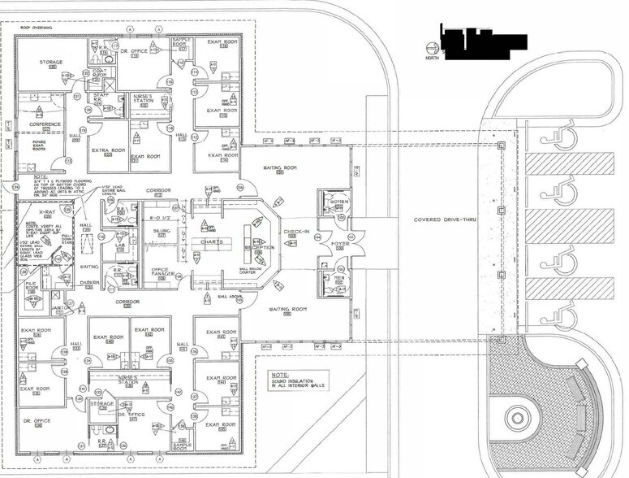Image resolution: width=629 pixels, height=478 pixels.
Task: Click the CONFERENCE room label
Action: click(45, 124)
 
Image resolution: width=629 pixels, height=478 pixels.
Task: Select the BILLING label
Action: click(162, 231)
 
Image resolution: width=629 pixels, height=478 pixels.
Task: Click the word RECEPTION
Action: click(259, 246)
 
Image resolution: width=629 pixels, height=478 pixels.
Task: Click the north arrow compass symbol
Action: click(431, 50)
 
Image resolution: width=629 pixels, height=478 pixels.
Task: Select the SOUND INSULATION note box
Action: click(296, 380)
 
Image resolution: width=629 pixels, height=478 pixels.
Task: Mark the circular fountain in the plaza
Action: click(517, 419)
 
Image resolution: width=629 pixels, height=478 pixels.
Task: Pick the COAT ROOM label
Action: click(100, 72)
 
